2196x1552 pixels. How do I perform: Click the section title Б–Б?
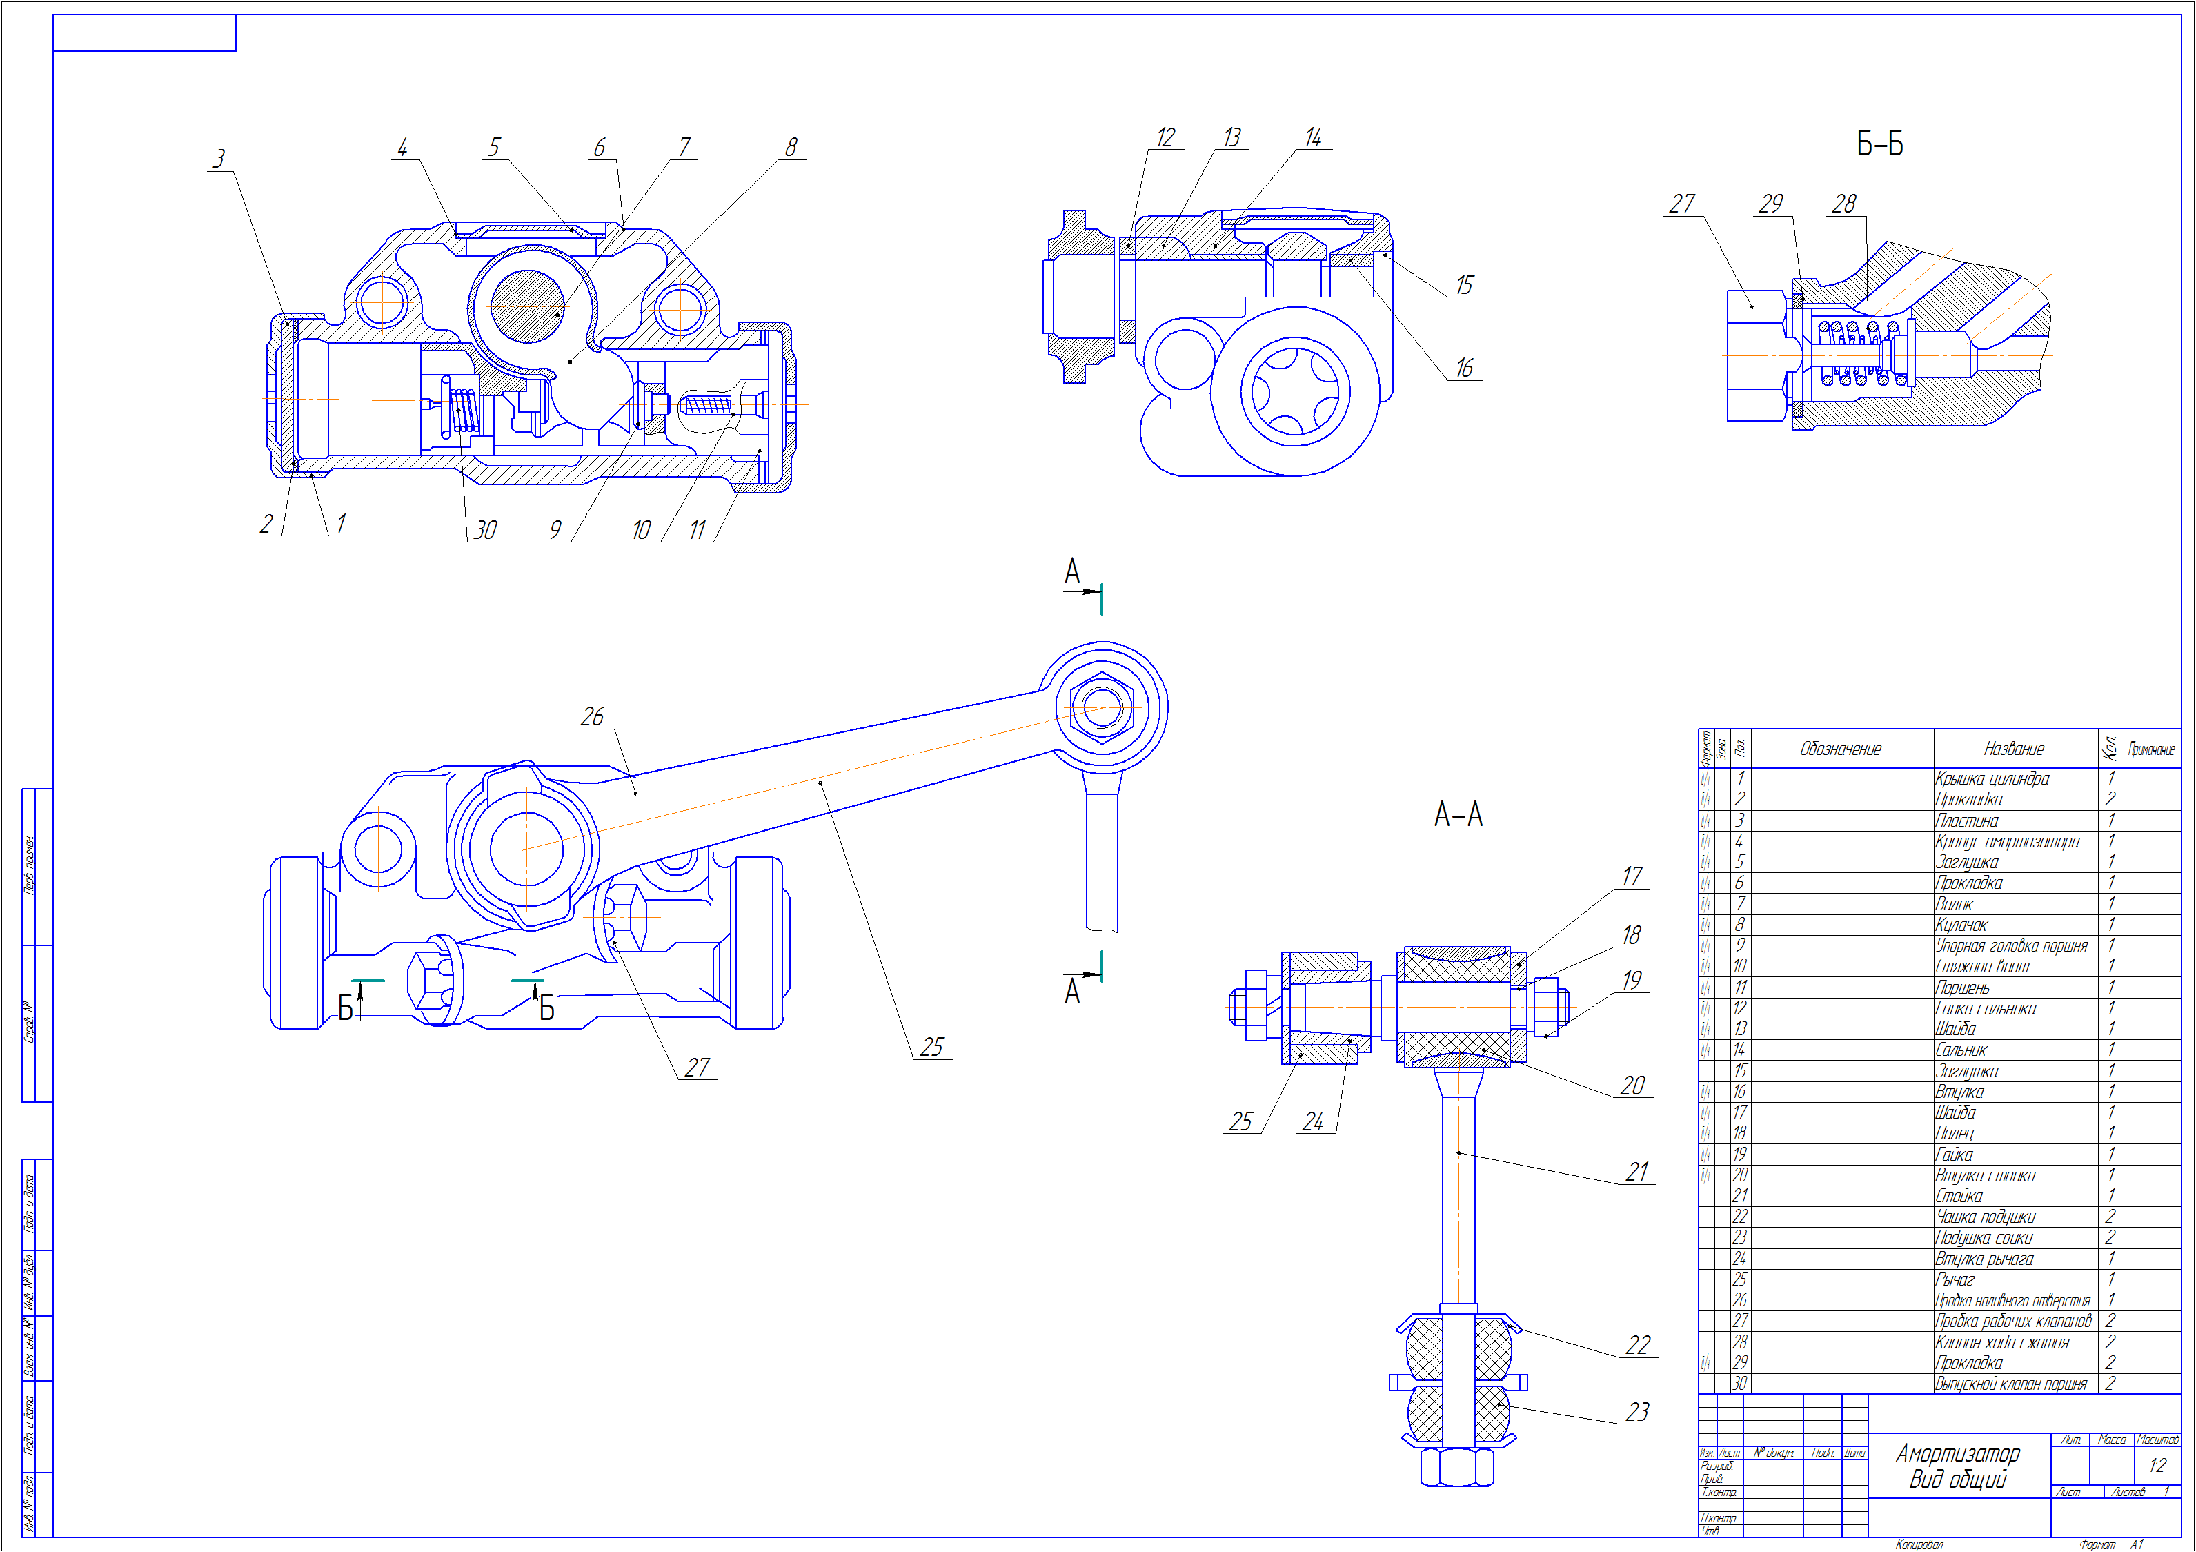[1879, 144]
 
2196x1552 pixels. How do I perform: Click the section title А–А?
[1458, 815]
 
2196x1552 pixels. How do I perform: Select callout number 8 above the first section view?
[791, 148]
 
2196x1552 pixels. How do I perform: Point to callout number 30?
[486, 530]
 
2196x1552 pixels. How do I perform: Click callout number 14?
[1313, 138]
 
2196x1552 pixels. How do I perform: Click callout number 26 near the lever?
[592, 717]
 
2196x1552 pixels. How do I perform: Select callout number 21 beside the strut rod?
[1637, 1172]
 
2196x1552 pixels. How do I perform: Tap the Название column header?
[2013, 749]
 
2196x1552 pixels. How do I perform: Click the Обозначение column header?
[1840, 749]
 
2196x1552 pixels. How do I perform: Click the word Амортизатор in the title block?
[1958, 1453]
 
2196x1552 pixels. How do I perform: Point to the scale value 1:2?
[2157, 1466]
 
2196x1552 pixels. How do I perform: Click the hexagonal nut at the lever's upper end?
[1102, 708]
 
